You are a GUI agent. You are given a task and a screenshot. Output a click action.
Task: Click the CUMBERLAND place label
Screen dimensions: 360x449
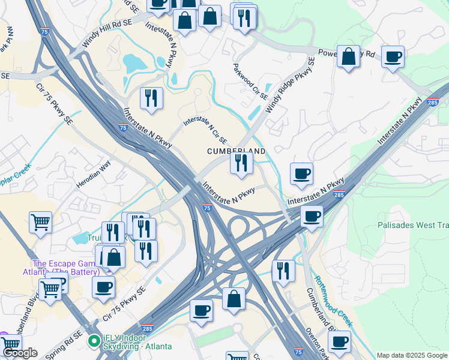(237, 151)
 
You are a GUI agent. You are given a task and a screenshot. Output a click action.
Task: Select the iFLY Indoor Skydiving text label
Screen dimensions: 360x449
(137, 341)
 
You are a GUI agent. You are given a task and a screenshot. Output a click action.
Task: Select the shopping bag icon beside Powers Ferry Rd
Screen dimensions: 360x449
(348, 57)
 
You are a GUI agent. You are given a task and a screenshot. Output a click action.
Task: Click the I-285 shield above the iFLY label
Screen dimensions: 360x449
(148, 328)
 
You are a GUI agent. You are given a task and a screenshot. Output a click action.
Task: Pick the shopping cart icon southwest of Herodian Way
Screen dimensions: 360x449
(41, 222)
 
